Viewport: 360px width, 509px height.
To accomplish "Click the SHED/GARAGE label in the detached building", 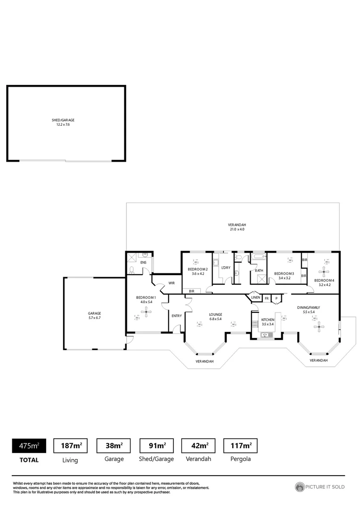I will tap(63, 120).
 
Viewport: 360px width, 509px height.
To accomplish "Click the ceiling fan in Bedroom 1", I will tap(147, 311).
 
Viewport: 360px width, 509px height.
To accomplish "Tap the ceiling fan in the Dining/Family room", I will tap(319, 327).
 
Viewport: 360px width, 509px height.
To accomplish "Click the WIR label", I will tap(172, 283).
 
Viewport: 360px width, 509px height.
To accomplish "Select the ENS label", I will tap(143, 262).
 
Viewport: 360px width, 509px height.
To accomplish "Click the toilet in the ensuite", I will tap(131, 270).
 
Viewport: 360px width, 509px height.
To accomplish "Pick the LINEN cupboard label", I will tap(255, 298).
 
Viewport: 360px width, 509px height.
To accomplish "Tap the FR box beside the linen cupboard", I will tap(266, 298).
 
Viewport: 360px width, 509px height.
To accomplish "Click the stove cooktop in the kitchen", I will tap(255, 324).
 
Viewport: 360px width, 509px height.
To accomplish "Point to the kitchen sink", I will tap(266, 335).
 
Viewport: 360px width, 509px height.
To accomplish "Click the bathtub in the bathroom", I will tap(259, 257).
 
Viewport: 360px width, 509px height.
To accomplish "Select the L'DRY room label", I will tap(226, 268).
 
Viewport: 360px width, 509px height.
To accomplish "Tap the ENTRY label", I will tap(176, 316).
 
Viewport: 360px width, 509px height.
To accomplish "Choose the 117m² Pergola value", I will tap(240, 445).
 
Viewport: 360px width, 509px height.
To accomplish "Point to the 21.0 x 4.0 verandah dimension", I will tap(237, 230).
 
